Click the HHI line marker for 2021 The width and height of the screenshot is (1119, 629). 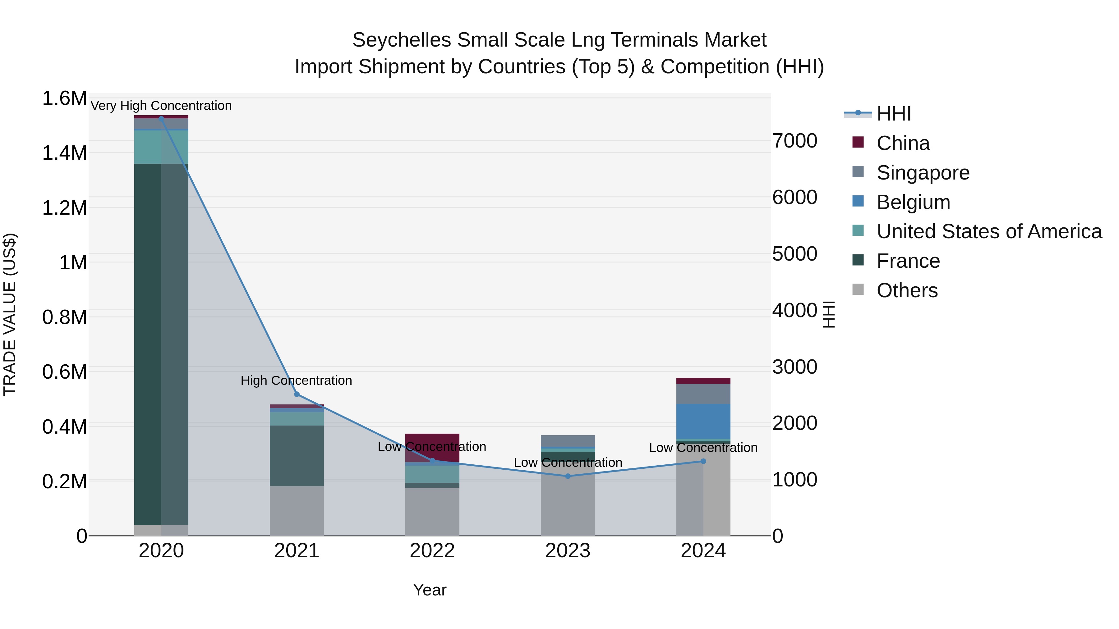click(297, 394)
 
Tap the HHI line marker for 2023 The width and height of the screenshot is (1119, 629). click(568, 476)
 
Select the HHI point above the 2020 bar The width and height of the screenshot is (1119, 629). click(161, 119)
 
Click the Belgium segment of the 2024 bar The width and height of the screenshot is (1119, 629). click(703, 421)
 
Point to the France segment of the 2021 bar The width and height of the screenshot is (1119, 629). click(297, 455)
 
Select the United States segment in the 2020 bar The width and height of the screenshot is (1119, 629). click(161, 147)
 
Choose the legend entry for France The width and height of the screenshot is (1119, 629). click(908, 261)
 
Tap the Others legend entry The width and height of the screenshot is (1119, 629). click(907, 290)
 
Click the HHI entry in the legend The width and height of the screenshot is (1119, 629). click(894, 114)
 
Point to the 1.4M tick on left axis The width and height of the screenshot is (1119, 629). click(65, 153)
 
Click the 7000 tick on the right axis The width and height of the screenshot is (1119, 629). click(794, 141)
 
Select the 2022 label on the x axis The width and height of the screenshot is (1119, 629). click(432, 551)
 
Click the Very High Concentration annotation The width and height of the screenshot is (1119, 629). click(161, 106)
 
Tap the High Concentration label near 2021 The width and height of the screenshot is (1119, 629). click(296, 380)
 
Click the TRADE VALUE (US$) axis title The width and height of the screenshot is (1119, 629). click(10, 314)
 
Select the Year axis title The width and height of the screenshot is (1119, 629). click(430, 590)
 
